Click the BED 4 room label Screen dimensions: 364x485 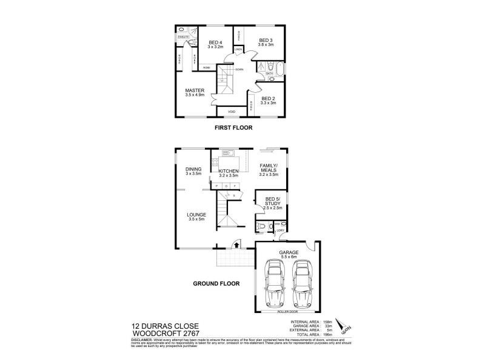[x=216, y=43]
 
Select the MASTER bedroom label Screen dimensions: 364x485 [x=195, y=92]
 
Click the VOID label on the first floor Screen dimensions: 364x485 [x=231, y=112]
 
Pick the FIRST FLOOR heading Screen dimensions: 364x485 [x=233, y=128]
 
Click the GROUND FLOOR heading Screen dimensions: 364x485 [x=216, y=283]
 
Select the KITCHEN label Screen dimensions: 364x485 [x=228, y=172]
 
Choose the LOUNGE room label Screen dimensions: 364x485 [x=196, y=215]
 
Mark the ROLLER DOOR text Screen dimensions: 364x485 [x=288, y=312]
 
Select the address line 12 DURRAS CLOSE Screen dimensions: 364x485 [x=158, y=326]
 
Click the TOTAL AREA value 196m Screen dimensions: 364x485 [x=327, y=335]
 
